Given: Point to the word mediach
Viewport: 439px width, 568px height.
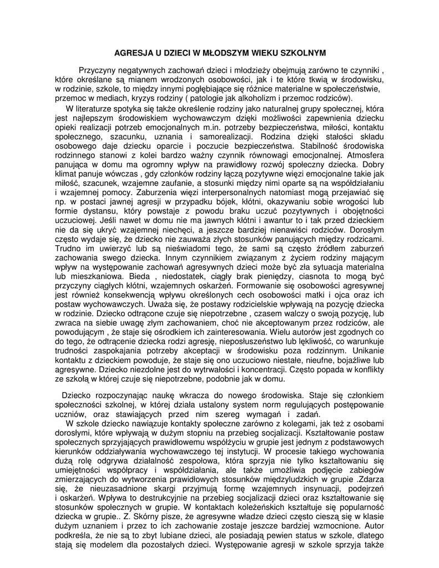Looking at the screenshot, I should click(x=104, y=98).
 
